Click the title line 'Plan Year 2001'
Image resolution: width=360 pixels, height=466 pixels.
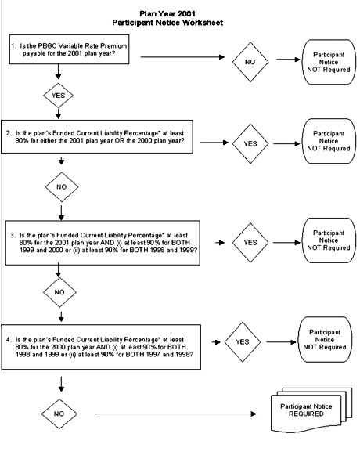pos(167,13)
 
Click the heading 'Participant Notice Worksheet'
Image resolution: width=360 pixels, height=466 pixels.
pos(167,23)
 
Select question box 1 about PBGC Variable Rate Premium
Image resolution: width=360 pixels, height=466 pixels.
pos(69,49)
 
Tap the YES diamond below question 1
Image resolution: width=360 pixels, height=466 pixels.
pos(58,96)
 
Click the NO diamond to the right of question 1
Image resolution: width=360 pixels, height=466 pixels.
pos(250,62)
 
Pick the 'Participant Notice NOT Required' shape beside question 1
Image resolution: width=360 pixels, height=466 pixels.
pos(329,62)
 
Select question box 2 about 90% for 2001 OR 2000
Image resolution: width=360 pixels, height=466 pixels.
pos(97,137)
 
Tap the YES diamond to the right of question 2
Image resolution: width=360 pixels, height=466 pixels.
pos(250,143)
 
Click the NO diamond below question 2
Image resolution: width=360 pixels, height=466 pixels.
pos(62,187)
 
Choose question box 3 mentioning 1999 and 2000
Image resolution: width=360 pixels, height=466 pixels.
pos(103,243)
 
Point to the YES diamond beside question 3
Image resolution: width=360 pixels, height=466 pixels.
pos(250,243)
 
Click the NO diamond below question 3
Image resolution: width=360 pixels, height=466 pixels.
pos(59,292)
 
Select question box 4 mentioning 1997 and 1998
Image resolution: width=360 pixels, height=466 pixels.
pos(101,347)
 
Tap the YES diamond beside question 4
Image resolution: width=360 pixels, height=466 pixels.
pos(243,341)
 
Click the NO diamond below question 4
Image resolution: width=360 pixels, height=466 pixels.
pos(59,414)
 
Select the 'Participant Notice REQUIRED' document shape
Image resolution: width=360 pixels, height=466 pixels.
pos(311,410)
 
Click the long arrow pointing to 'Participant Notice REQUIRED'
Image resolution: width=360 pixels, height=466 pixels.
pos(175,414)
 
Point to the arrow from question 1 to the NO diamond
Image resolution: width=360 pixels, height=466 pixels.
pos(182,56)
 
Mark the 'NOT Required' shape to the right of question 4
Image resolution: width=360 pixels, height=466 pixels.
pos(325,340)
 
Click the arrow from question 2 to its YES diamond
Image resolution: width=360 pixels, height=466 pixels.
pos(214,143)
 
